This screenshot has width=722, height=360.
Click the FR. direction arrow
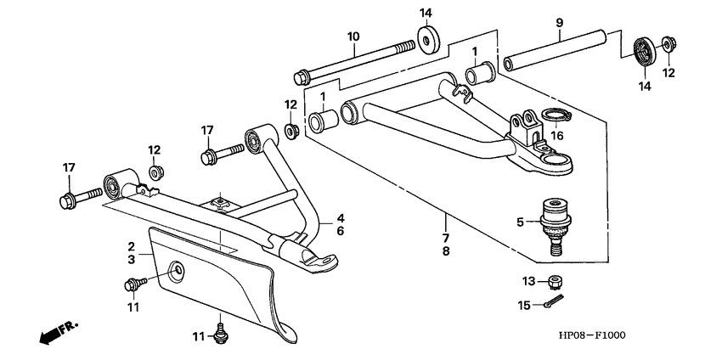(x=56, y=333)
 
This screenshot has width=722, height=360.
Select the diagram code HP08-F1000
(x=589, y=335)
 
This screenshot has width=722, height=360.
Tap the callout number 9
(x=558, y=25)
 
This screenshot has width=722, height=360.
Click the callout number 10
(x=353, y=37)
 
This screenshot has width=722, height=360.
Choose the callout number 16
(x=556, y=134)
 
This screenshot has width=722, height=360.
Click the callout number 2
(x=133, y=245)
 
